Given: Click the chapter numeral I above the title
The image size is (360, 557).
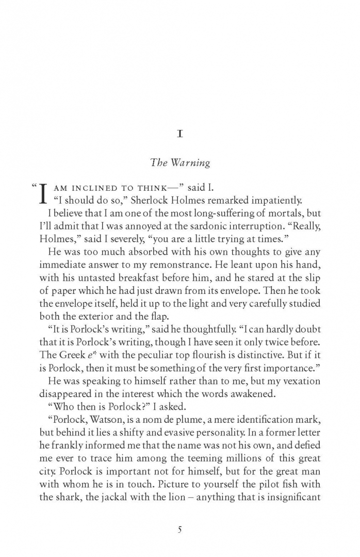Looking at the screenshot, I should (x=180, y=134).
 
